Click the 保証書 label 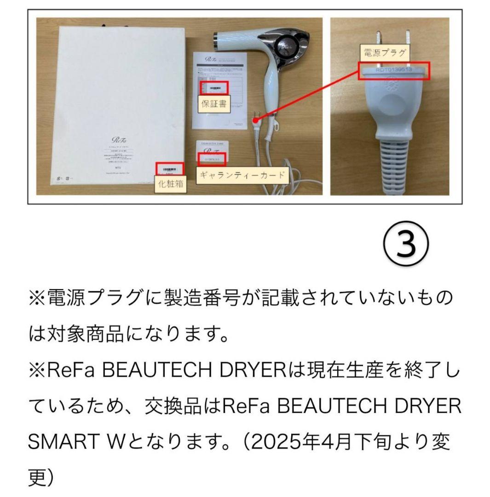(x=214, y=104)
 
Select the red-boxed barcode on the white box (x=169, y=169)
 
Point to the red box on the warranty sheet (x=213, y=87)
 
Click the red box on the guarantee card (x=212, y=159)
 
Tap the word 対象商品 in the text (x=94, y=335)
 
